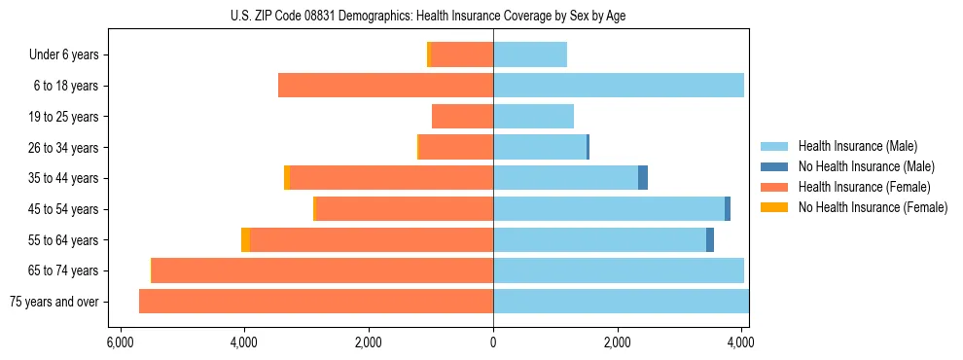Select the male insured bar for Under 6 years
click(530, 54)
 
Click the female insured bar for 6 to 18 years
click(385, 86)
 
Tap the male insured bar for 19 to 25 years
click(533, 117)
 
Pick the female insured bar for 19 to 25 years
click(462, 117)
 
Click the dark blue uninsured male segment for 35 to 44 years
click(643, 178)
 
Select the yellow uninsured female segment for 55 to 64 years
click(245, 239)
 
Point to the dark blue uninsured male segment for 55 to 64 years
click(710, 239)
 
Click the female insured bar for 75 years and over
click(316, 301)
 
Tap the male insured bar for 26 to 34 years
click(540, 147)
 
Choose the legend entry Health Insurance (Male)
click(858, 146)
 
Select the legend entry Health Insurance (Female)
click(864, 187)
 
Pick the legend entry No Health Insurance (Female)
click(873, 207)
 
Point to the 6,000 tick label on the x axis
click(120, 342)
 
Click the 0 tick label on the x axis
click(493, 342)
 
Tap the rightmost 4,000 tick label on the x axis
click(741, 342)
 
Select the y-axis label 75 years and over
click(54, 302)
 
